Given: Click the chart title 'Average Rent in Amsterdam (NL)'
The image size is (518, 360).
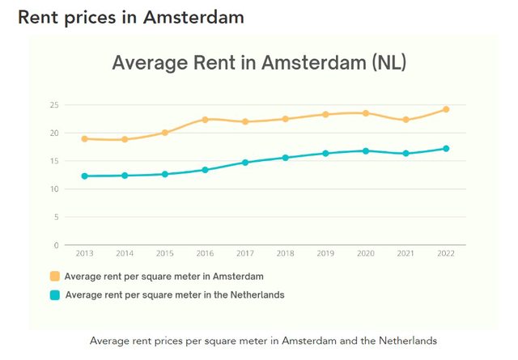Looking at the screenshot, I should [258, 63].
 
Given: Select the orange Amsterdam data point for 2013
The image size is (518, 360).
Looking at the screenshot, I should [84, 138].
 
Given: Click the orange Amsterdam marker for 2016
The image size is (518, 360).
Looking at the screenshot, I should [205, 120].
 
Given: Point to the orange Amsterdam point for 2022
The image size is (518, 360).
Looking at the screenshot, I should [445, 109].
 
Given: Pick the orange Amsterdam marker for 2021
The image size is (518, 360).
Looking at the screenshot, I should [405, 120].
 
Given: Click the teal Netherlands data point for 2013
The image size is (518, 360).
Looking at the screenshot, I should [84, 176].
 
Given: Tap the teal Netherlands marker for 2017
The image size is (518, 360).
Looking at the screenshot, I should [245, 163].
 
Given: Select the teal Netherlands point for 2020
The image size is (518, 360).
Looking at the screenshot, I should [365, 151].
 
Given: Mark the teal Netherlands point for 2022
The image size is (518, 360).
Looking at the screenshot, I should [445, 149].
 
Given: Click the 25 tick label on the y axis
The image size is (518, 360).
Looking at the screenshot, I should [54, 105].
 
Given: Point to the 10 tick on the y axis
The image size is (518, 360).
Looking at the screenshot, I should [54, 189].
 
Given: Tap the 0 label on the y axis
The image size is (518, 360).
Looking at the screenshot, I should [57, 245].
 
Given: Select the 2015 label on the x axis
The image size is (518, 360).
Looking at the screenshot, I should [164, 254].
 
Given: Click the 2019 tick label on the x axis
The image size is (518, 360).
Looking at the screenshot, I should [325, 254].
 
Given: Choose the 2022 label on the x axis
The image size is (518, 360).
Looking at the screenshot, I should [445, 254].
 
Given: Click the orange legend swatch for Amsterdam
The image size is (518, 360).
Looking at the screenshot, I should [55, 277].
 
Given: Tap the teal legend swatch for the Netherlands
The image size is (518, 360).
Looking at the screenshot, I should [55, 295].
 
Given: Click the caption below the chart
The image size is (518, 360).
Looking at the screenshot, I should [263, 341].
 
